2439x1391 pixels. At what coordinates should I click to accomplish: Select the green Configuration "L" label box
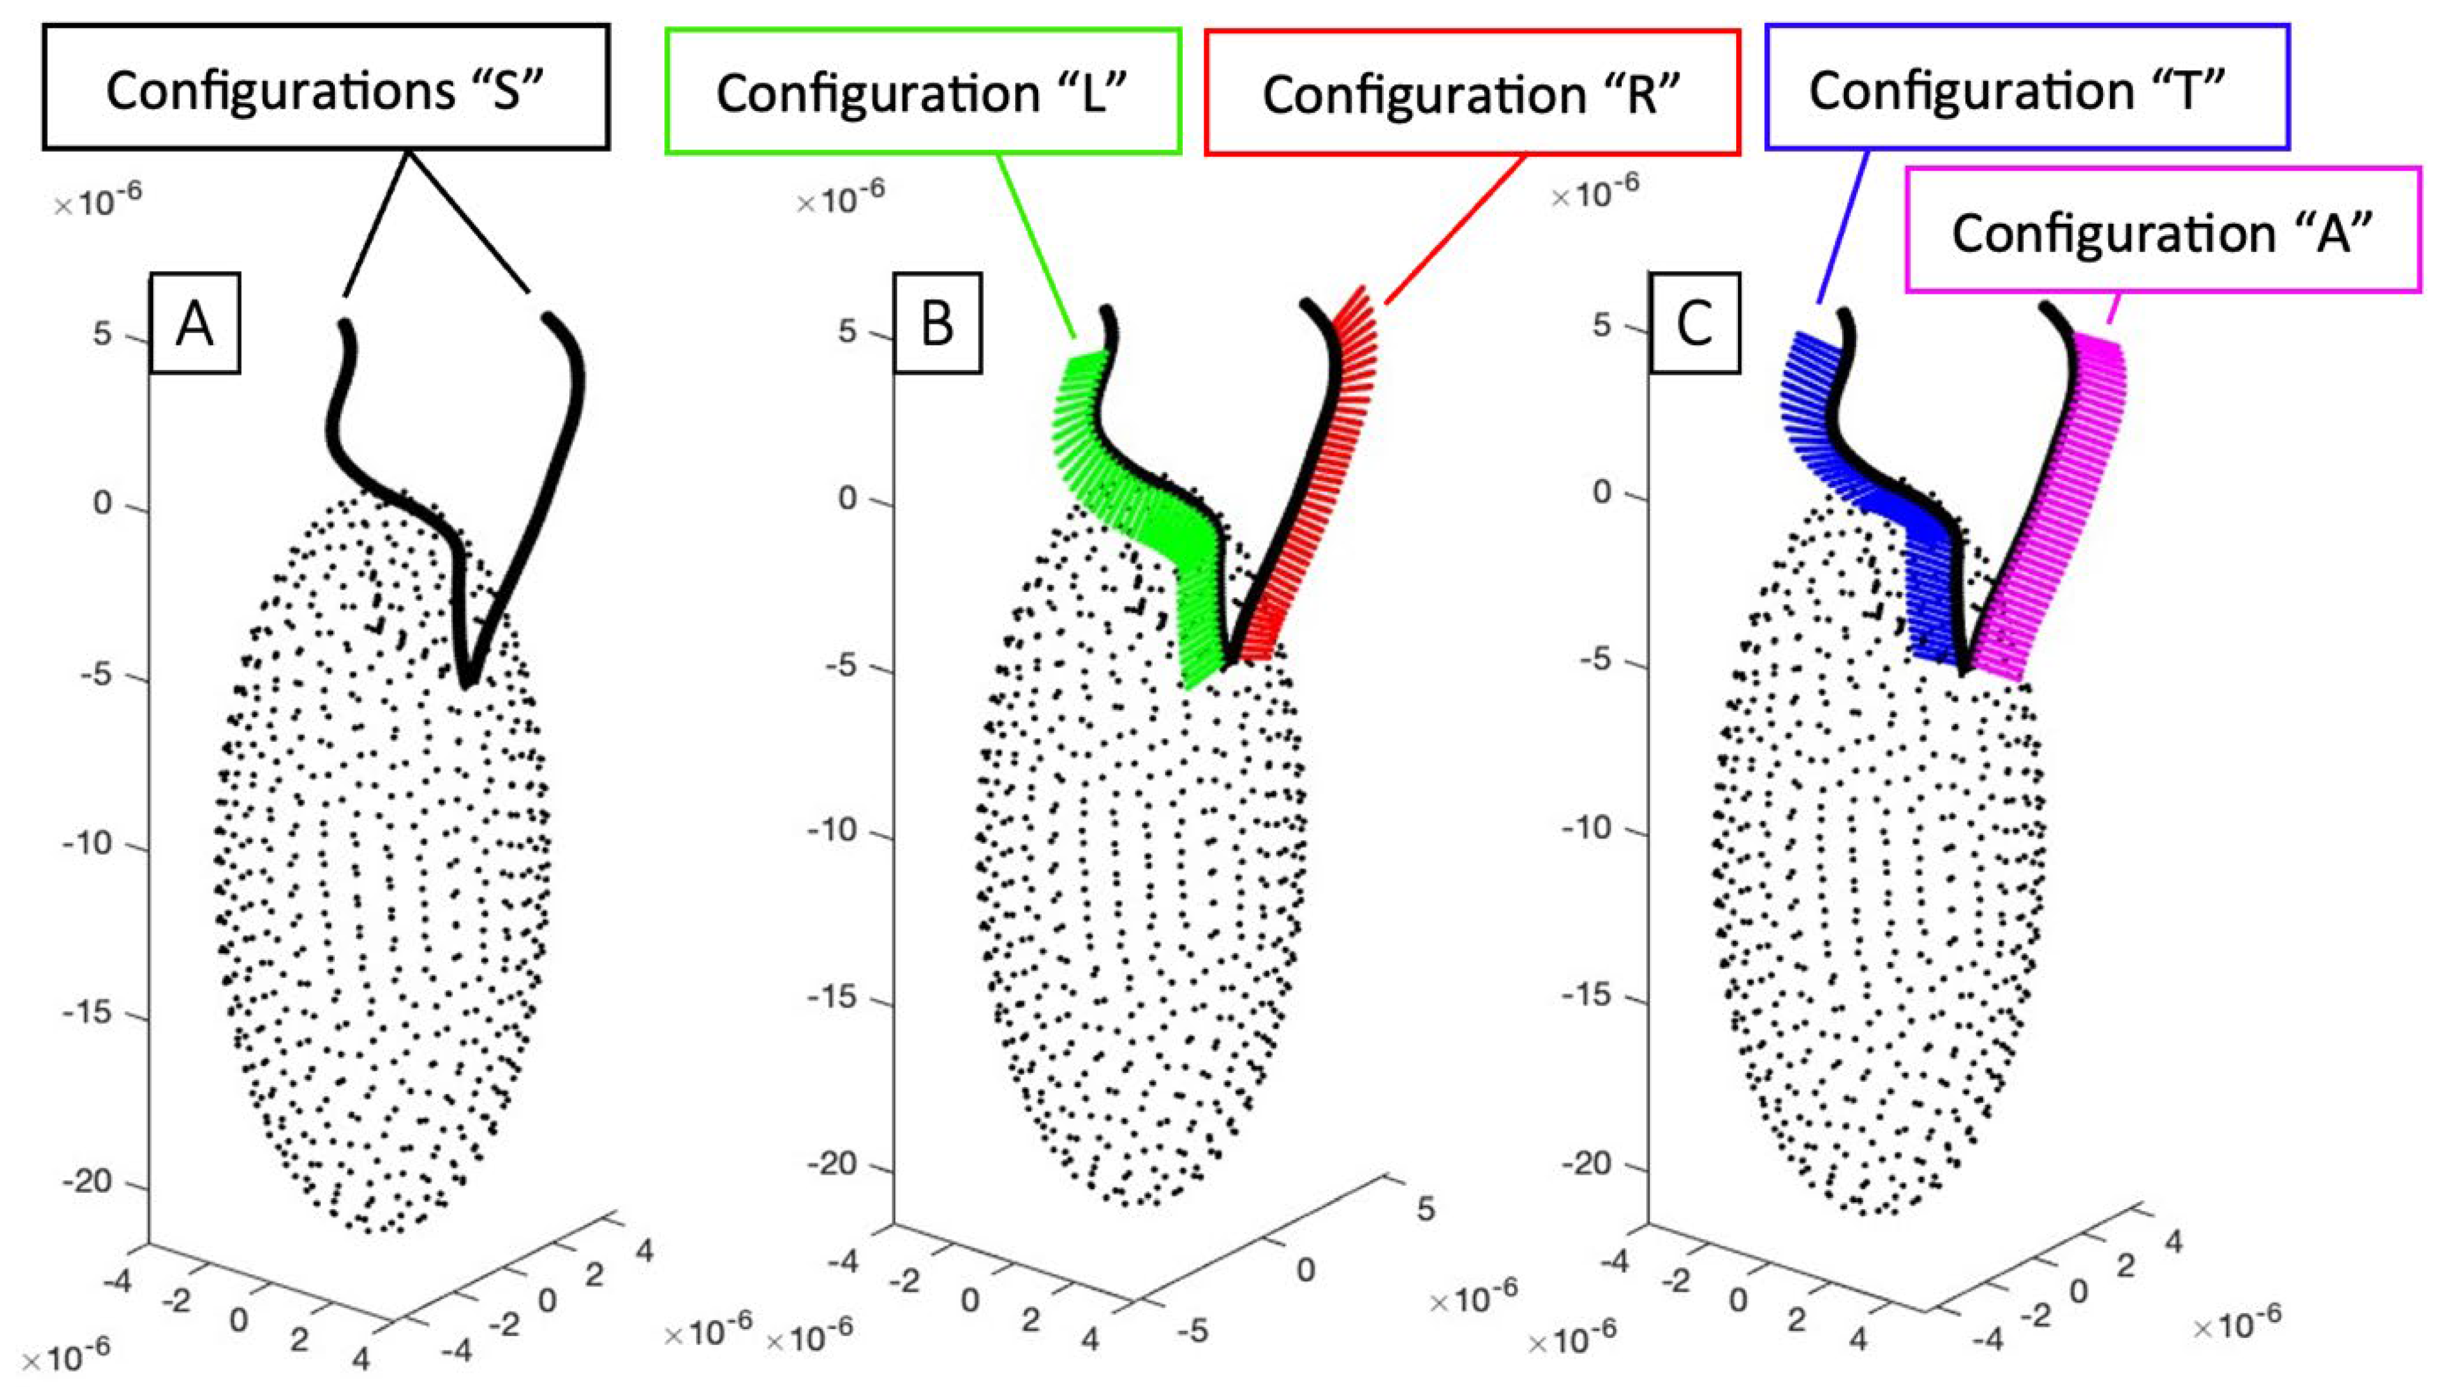point(922,91)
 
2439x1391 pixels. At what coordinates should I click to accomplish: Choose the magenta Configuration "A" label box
point(2162,231)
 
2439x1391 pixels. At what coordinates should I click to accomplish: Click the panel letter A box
point(195,323)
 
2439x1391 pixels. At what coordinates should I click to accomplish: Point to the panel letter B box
point(937,323)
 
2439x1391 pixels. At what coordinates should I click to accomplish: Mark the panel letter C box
point(1694,323)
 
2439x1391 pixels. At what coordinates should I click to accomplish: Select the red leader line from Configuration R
point(1453,230)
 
